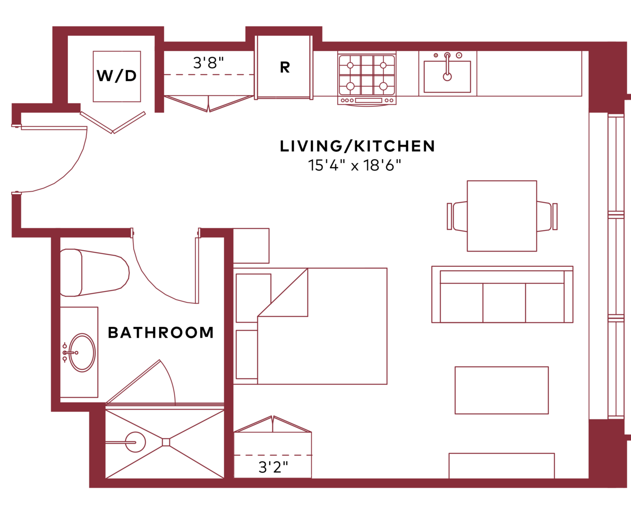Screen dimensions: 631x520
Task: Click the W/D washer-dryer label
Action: coord(117,76)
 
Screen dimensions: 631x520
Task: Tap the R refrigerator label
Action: coord(285,68)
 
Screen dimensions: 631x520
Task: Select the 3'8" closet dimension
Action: coord(208,62)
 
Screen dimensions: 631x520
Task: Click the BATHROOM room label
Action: coord(161,332)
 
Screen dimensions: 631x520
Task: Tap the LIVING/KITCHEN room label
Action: coord(357,146)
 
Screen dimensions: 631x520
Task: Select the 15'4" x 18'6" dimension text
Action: coord(355,165)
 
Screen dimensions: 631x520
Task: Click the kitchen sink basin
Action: coord(447,77)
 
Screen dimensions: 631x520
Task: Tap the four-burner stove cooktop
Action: coord(367,75)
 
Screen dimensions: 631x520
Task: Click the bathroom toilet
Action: coord(94,273)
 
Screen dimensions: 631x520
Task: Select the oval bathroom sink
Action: coord(82,352)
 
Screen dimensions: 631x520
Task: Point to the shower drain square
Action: coord(166,442)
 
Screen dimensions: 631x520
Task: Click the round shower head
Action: coord(136,442)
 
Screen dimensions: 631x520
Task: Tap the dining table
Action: coord(502,216)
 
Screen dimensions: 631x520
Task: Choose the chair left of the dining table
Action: coord(457,216)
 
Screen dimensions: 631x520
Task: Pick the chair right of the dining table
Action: coord(547,216)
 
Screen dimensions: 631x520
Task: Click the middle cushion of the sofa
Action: coord(504,303)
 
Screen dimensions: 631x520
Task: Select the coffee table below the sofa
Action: coord(502,391)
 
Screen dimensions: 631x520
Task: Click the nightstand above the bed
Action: coord(251,246)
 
